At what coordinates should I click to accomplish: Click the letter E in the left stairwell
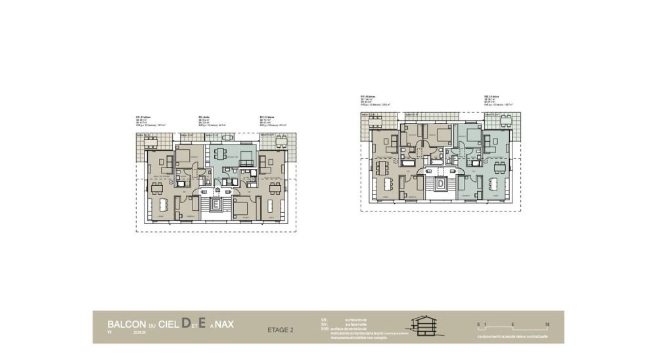click(215, 206)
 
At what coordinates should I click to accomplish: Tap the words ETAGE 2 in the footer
click(281, 330)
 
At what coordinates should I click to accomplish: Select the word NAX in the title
click(224, 325)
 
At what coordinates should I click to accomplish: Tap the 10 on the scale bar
click(547, 325)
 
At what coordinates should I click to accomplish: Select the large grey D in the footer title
click(186, 323)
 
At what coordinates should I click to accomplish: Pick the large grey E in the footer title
click(203, 323)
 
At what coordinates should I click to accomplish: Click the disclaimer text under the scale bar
click(513, 337)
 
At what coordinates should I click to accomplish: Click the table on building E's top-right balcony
click(282, 140)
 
